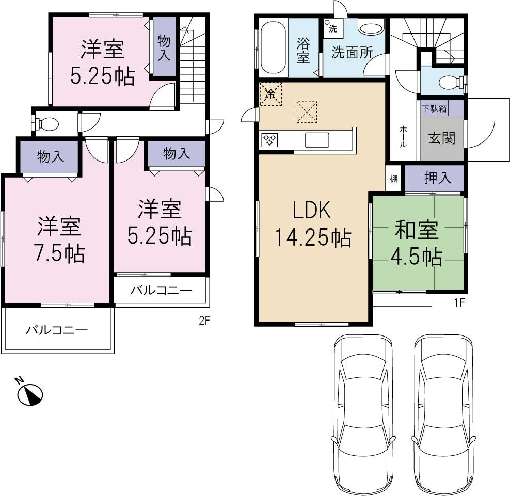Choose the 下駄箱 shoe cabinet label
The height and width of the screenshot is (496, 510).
tap(434, 109)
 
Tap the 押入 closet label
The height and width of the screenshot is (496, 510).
tap(438, 178)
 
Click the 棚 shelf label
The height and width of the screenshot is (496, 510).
tap(394, 179)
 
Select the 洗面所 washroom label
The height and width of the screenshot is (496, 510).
tap(352, 53)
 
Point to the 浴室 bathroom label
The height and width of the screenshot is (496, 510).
tap(303, 51)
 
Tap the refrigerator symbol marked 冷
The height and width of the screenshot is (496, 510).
tap(270, 94)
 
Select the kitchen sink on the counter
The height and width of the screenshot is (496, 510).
tap(317, 139)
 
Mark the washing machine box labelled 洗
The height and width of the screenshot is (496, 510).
tap(331, 28)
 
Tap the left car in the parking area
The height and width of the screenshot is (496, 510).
tap(360, 413)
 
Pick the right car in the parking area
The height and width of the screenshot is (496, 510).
tap(444, 413)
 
